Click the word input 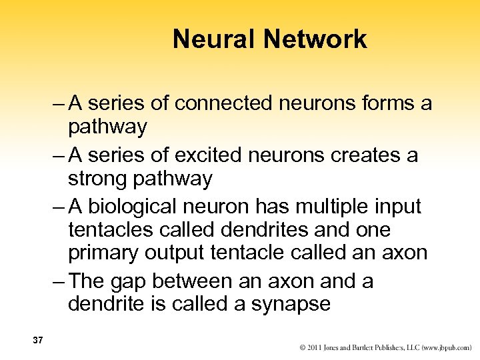click(x=399, y=207)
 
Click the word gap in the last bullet click(x=151, y=282)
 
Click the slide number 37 click(x=37, y=340)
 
